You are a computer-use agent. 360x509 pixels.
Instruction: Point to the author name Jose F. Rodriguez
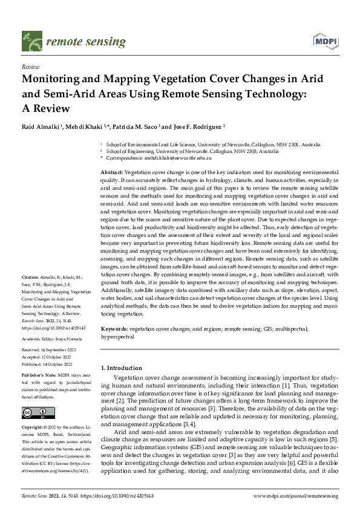click(196, 127)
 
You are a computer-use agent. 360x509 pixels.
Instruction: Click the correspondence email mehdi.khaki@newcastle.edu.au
click(181, 158)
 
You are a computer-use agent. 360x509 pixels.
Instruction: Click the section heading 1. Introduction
click(121, 367)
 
